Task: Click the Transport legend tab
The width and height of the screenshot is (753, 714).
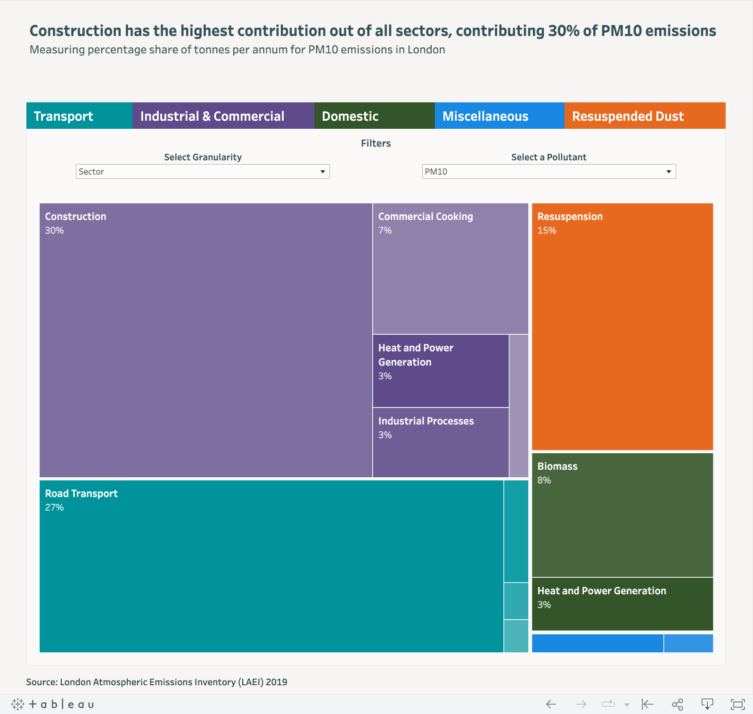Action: pyautogui.click(x=79, y=116)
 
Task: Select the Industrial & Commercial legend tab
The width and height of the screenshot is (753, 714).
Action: pyautogui.click(x=223, y=116)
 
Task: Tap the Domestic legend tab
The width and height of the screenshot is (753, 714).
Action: pyautogui.click(x=374, y=116)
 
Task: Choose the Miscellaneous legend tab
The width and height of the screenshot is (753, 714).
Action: pyautogui.click(x=499, y=116)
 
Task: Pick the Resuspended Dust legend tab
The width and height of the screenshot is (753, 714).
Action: pyautogui.click(x=644, y=116)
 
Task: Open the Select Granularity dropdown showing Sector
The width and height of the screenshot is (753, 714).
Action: pyautogui.click(x=202, y=172)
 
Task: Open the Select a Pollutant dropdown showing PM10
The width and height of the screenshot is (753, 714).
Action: pyautogui.click(x=548, y=172)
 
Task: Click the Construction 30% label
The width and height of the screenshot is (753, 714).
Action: pyautogui.click(x=75, y=223)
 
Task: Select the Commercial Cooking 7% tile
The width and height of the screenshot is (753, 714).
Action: pyautogui.click(x=450, y=269)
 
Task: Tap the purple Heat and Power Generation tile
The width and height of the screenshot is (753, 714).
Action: pyautogui.click(x=441, y=371)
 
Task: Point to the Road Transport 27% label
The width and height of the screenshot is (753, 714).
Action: pyautogui.click(x=81, y=499)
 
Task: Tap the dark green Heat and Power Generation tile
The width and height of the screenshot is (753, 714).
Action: pyautogui.click(x=622, y=604)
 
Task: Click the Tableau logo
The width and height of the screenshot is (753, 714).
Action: pyautogui.click(x=53, y=705)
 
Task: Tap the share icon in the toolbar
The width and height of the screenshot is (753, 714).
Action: pyautogui.click(x=677, y=705)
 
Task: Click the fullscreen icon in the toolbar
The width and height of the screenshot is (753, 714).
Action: pyautogui.click(x=737, y=705)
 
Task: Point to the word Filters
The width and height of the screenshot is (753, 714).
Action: pyautogui.click(x=376, y=143)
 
